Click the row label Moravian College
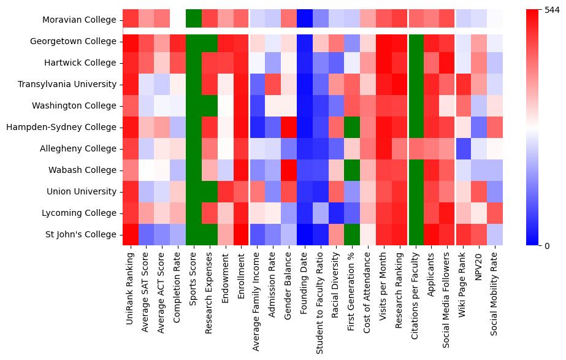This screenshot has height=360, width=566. (x=79, y=20)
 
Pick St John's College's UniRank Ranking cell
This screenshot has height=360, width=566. (x=131, y=234)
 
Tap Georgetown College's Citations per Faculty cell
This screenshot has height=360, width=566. (x=416, y=41)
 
